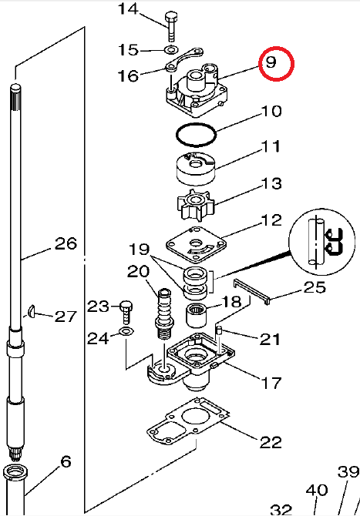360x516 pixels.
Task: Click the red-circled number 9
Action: [x=271, y=62]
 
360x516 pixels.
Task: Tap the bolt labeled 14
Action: [x=171, y=26]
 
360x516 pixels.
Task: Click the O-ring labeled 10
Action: [x=196, y=134]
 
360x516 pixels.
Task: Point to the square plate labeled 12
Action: [x=196, y=245]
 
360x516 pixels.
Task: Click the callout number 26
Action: [x=66, y=243]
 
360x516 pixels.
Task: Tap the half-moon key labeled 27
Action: [x=32, y=311]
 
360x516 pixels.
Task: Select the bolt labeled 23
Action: [x=126, y=311]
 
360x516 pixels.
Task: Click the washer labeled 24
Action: [x=126, y=331]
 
